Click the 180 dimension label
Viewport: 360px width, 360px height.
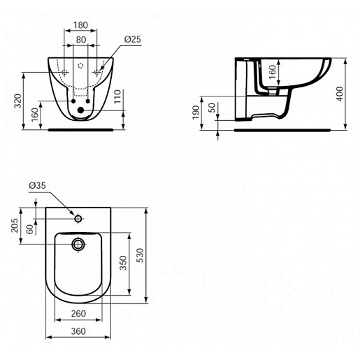[80, 25]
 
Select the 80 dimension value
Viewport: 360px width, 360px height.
[81, 40]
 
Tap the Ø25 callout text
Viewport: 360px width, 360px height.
[133, 39]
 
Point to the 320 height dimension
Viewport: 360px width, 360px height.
[18, 101]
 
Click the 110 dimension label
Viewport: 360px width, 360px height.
[117, 96]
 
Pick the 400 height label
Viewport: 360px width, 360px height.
[340, 94]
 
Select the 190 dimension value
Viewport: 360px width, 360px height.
[196, 113]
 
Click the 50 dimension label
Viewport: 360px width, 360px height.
[212, 108]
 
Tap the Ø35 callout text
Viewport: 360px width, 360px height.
[37, 185]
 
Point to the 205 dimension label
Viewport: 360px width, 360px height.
[15, 225]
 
